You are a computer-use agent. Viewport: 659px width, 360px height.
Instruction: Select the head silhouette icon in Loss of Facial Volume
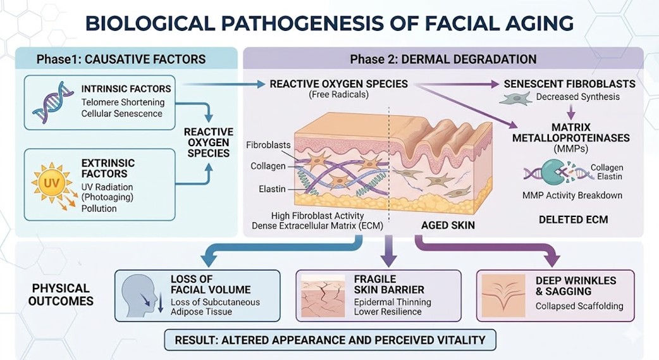click(x=142, y=295)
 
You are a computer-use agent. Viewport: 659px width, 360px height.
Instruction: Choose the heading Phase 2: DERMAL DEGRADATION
click(x=443, y=59)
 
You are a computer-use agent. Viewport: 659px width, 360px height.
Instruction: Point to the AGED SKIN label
click(x=447, y=225)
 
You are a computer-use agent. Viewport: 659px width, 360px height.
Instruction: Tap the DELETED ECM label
click(x=573, y=220)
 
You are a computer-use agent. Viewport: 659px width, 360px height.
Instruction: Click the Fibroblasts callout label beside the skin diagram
click(x=268, y=145)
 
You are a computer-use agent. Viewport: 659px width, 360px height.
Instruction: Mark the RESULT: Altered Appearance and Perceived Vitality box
click(x=330, y=340)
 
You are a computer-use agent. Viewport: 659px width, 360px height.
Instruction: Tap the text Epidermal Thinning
click(x=392, y=302)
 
